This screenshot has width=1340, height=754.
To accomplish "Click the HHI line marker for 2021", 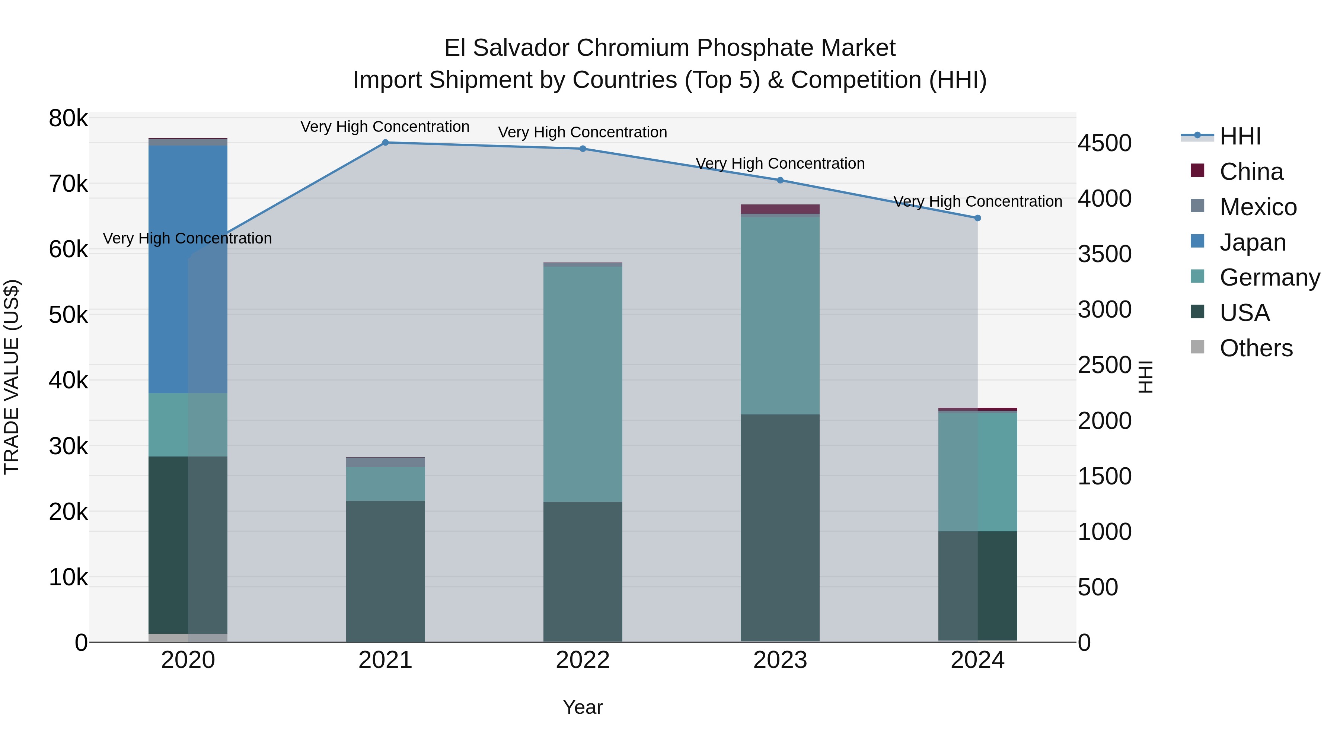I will point(386,143).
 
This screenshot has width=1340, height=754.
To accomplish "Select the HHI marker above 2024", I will point(977,218).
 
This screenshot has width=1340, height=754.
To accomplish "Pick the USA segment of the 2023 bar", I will point(780,528).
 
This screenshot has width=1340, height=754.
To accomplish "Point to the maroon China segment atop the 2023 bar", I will point(780,209).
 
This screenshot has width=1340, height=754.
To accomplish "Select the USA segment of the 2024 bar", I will point(977,585).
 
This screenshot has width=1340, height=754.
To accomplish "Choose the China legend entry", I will point(1251,172).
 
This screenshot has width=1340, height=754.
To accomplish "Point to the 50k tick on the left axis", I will point(68,315).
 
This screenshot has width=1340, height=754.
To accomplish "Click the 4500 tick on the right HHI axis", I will point(1104,143).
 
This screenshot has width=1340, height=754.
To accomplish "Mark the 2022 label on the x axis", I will point(583,660).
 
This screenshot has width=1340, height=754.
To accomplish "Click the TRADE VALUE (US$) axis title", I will point(12,377).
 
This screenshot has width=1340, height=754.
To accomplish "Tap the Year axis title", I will point(583,707).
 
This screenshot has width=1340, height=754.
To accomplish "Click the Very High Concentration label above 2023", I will point(780,163).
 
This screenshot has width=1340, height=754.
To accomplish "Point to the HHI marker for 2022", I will point(583,149).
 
